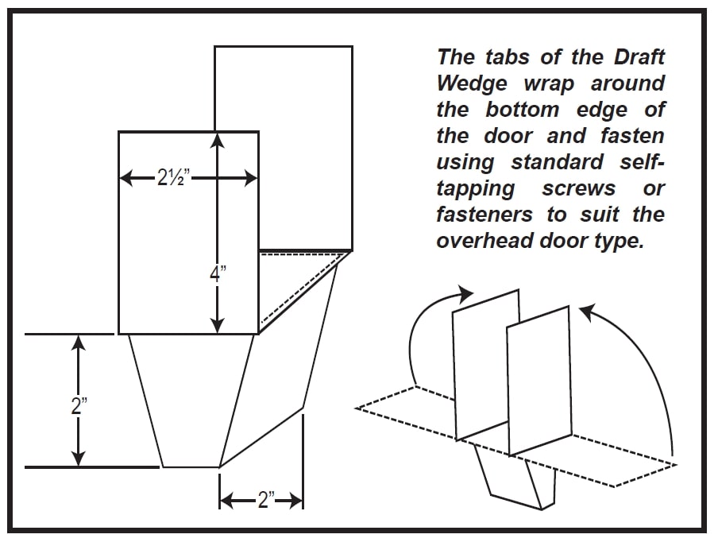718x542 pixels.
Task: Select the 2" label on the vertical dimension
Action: (x=78, y=407)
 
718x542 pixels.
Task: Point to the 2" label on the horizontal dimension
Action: (x=261, y=501)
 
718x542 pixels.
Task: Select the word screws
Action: (x=578, y=189)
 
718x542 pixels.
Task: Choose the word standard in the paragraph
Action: (x=557, y=162)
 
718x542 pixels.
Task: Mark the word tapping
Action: (x=475, y=189)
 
